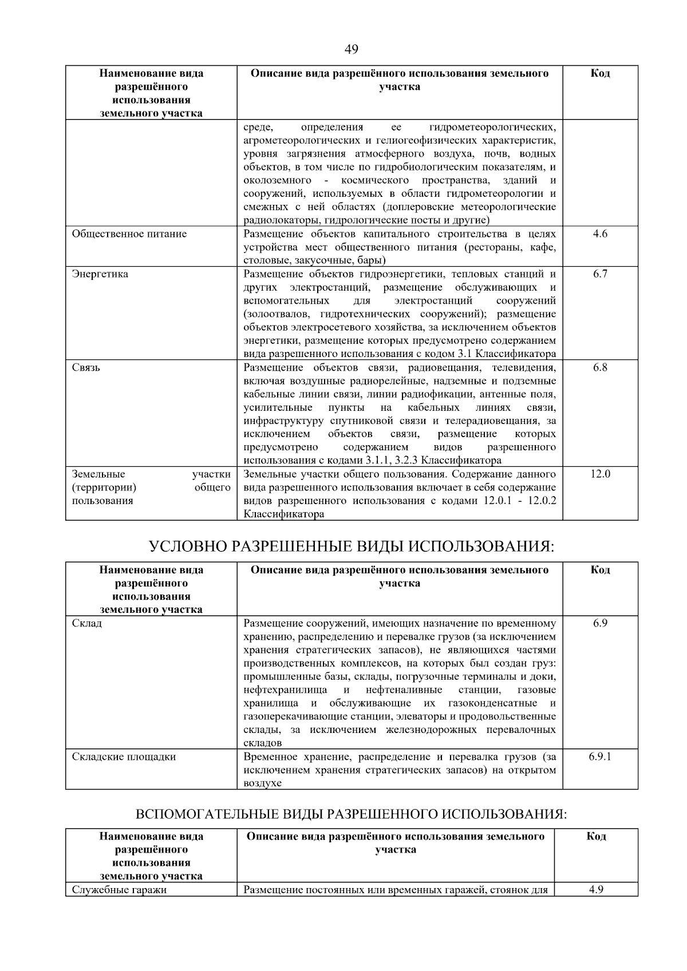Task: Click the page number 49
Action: point(352,50)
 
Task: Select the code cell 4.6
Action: point(600,234)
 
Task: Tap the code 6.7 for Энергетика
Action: point(600,274)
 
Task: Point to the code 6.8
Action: point(600,367)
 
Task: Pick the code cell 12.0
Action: point(600,474)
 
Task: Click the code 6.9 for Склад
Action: point(600,623)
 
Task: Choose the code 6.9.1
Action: point(600,756)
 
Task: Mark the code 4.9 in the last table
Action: point(596,890)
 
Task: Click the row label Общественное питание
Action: point(129,234)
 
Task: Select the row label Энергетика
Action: point(100,274)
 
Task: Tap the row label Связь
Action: point(86,367)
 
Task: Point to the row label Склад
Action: point(87,623)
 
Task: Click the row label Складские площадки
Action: point(124,756)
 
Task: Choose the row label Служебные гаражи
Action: point(119,890)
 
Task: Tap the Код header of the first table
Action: point(600,73)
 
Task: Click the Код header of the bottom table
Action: point(596,837)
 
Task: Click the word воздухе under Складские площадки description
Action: point(263,783)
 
